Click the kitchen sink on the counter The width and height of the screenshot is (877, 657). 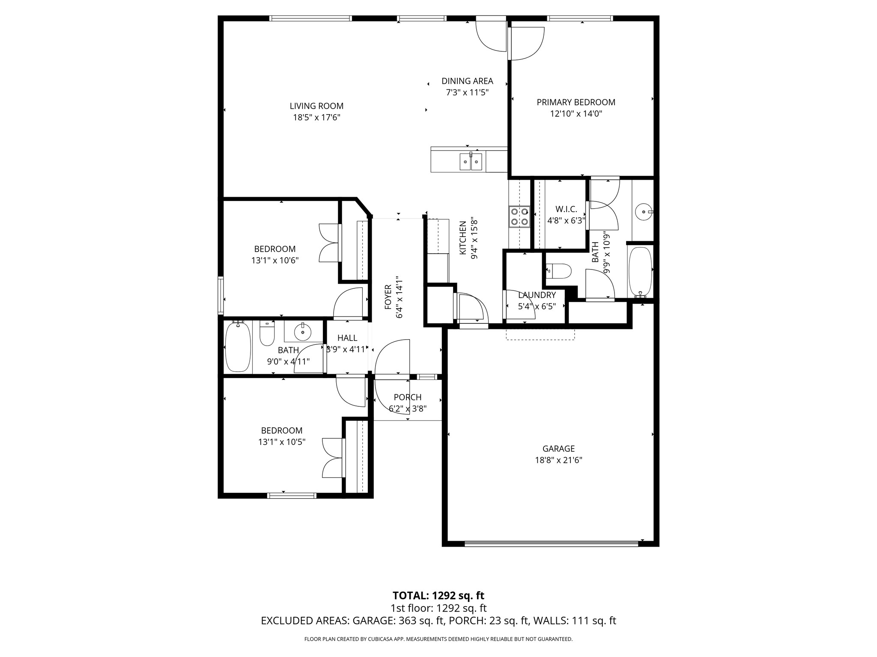point(471,162)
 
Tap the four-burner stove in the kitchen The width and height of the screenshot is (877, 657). point(519,216)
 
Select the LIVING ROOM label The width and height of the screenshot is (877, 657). point(316,106)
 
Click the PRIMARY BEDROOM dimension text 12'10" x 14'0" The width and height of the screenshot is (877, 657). point(576,114)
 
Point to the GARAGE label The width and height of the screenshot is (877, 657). point(558,449)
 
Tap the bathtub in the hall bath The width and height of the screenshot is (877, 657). point(238,347)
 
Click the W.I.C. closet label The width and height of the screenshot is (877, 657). point(566,209)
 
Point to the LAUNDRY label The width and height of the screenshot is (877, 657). point(537,295)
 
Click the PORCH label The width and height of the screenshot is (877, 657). point(408,397)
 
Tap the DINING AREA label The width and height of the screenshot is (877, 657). point(467,81)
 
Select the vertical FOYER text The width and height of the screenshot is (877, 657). point(388,297)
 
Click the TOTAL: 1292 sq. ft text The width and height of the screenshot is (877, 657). point(438,595)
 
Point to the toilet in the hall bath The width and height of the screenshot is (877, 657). point(267,334)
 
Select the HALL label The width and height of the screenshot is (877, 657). point(347,338)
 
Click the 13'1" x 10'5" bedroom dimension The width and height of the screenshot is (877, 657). point(281,442)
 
